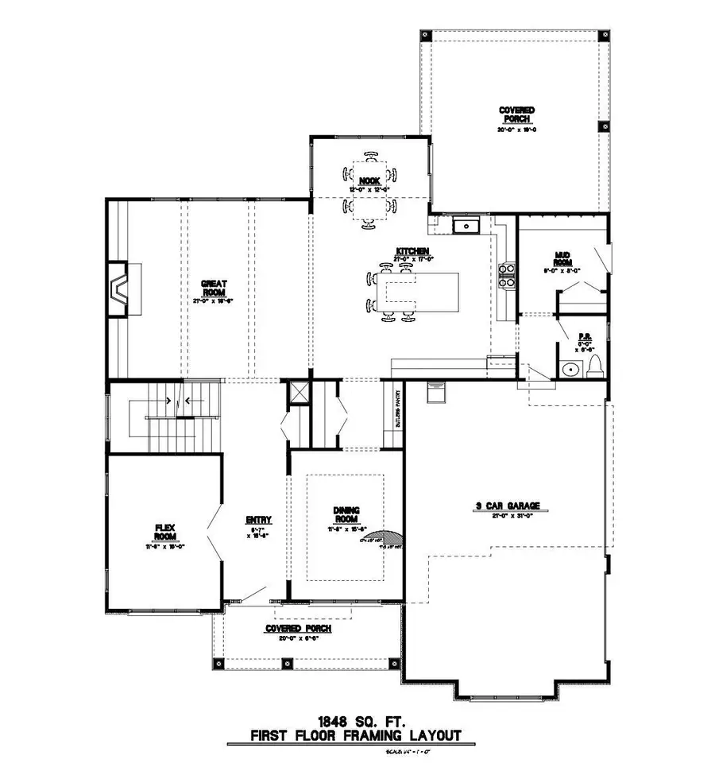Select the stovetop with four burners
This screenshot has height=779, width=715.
506,274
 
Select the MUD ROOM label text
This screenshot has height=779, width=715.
563,258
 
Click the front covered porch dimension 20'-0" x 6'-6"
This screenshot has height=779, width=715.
298,638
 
